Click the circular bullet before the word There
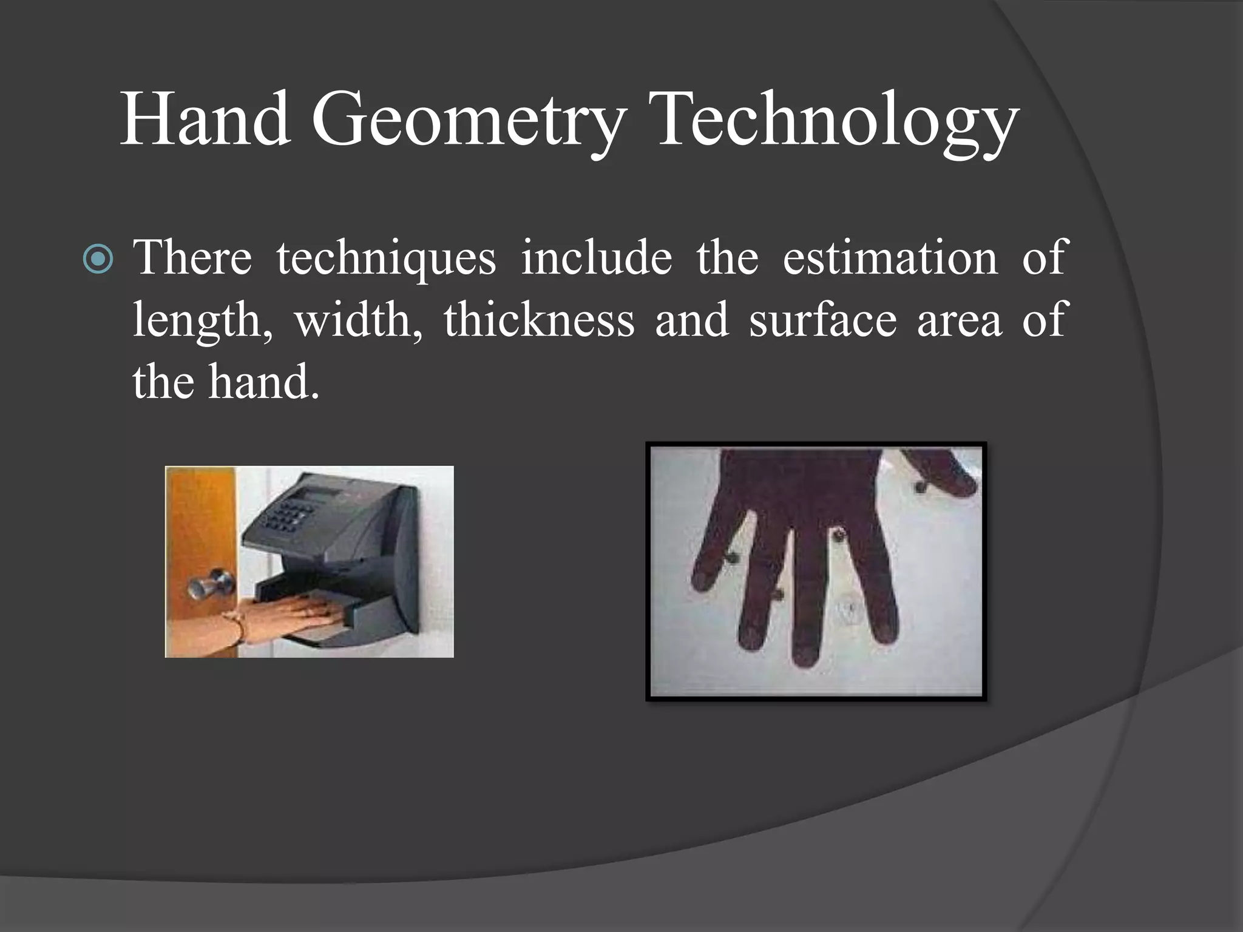tap(98, 260)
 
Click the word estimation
tap(890, 257)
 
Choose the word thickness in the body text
tap(538, 320)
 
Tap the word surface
tap(822, 320)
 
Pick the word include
tap(596, 257)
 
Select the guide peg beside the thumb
tap(921, 486)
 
